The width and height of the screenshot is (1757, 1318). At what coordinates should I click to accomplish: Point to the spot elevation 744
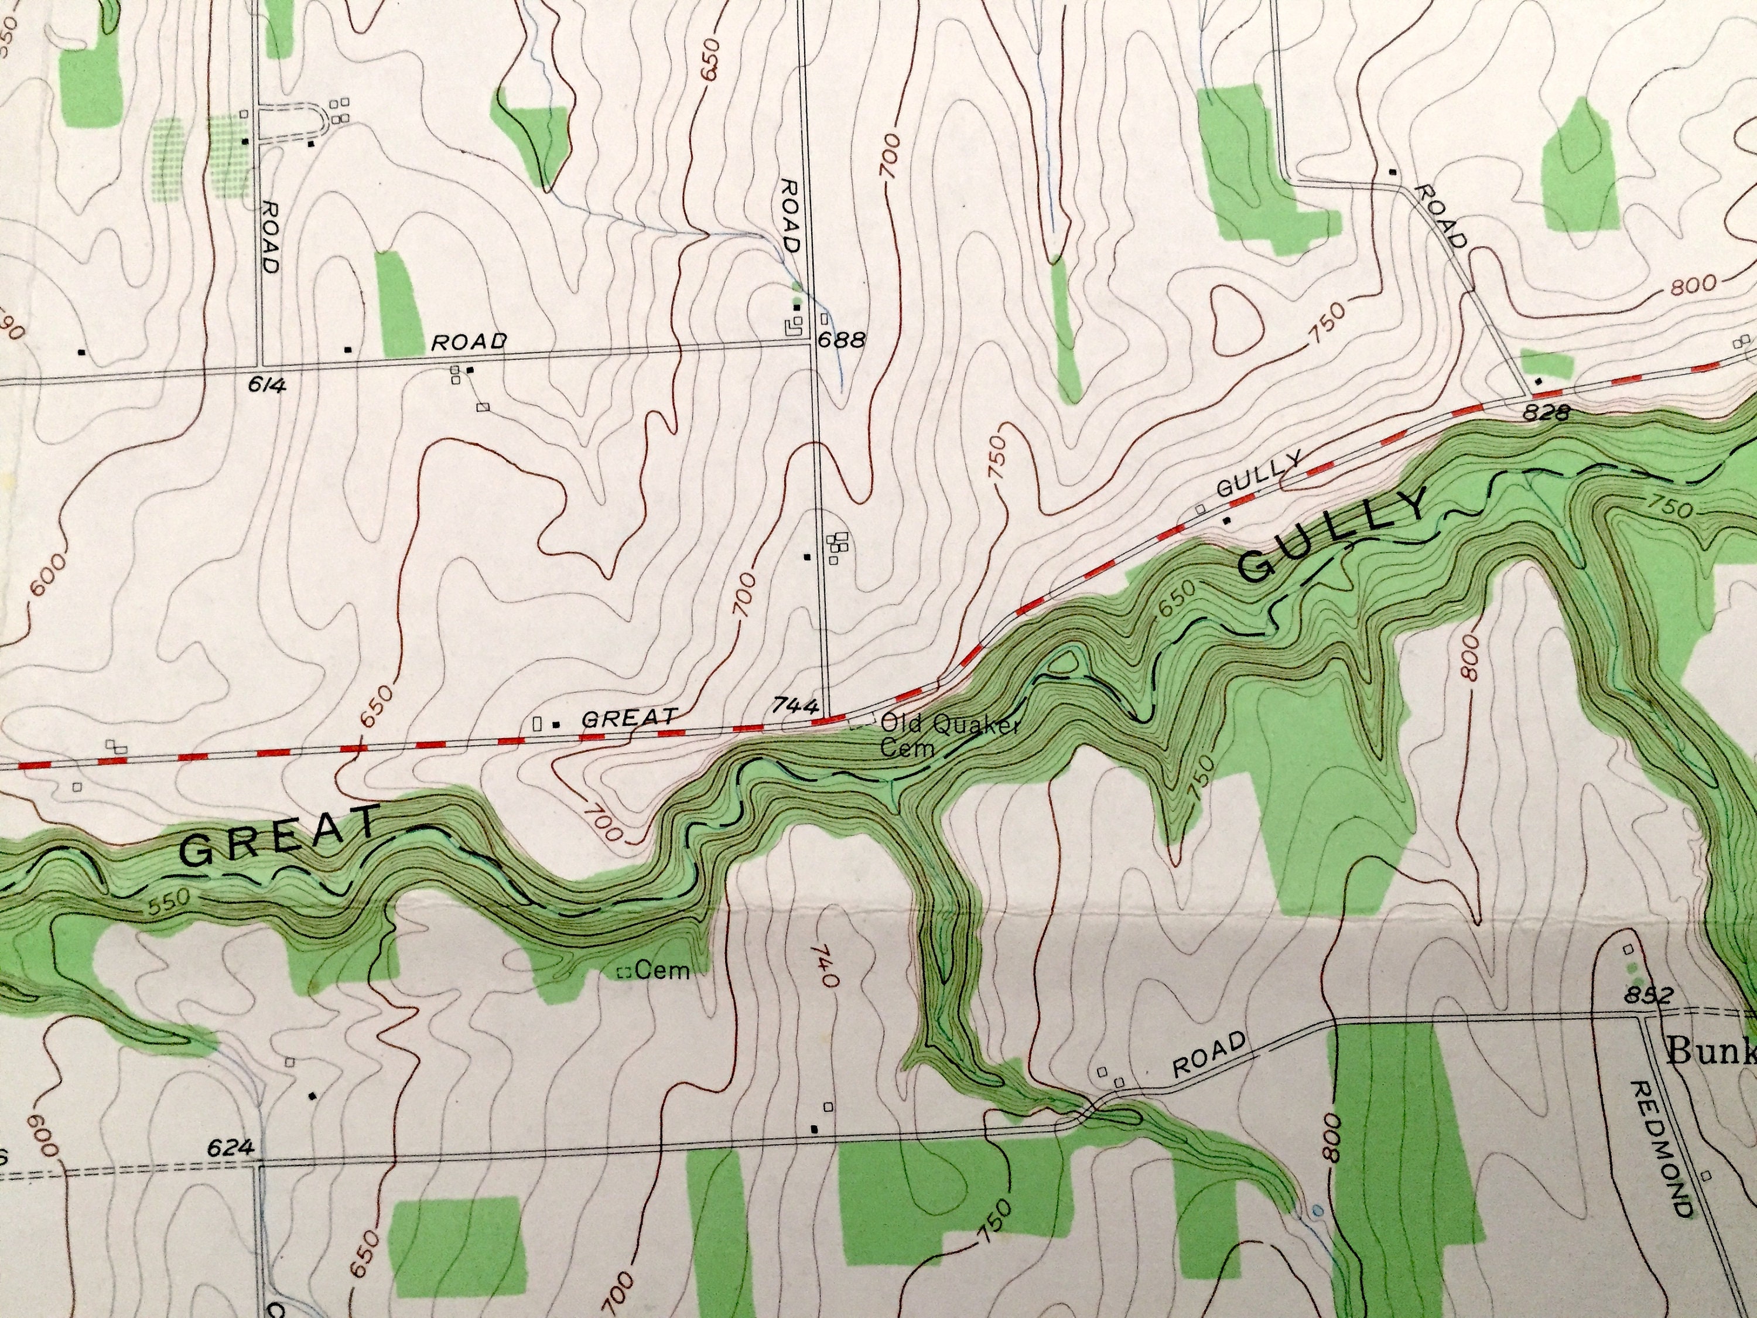click(x=794, y=705)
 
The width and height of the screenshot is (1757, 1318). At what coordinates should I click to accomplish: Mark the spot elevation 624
click(x=231, y=1147)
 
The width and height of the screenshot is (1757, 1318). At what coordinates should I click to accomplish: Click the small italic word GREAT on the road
click(x=629, y=718)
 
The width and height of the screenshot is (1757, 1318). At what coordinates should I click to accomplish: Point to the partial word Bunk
click(x=1712, y=1052)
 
